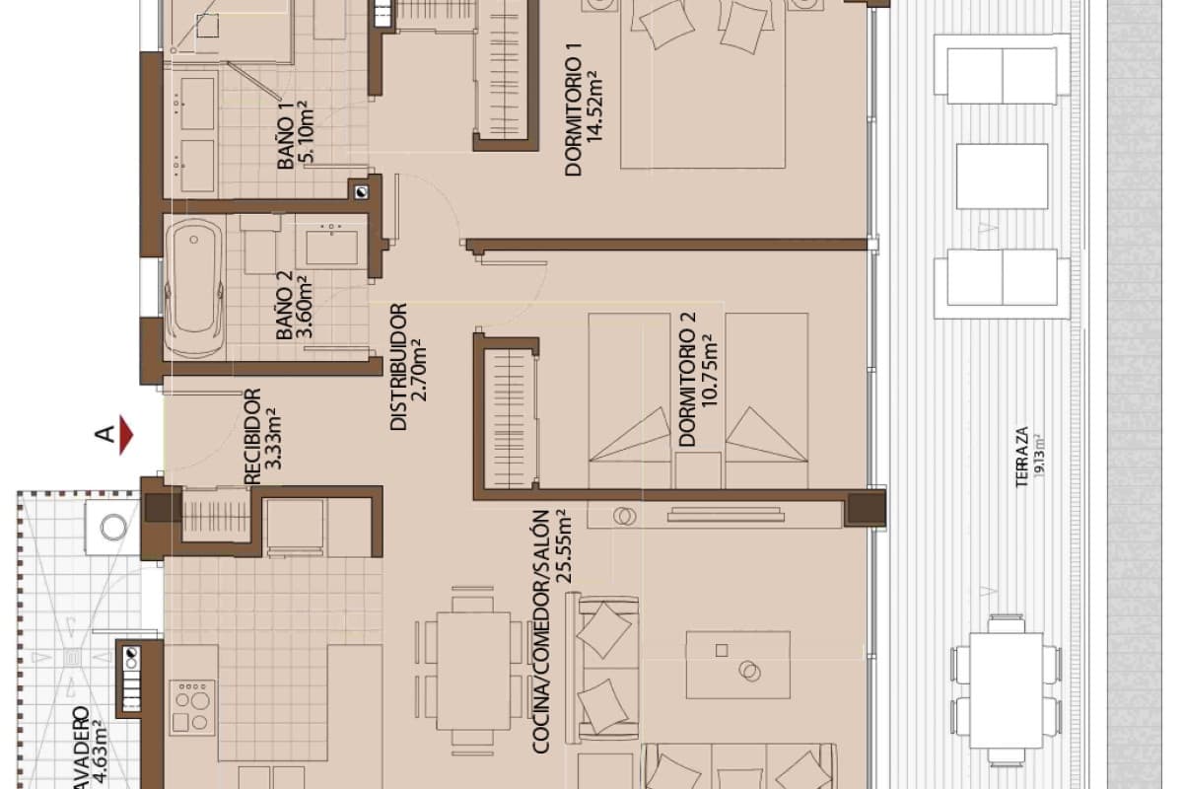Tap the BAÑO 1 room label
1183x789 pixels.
pos(287,141)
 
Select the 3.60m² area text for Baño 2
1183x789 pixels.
pos(307,308)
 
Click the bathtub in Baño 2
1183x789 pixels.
pos(193,287)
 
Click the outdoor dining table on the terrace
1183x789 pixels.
pos(1006,686)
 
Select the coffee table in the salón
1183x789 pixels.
pos(737,665)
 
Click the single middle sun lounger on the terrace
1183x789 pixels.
pos(1002,176)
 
